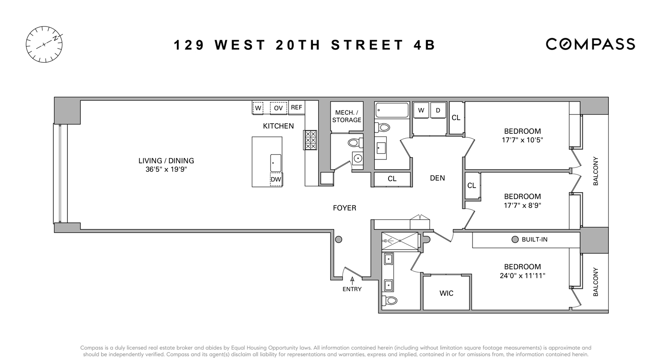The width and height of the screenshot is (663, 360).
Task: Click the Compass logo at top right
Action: click(x=590, y=44)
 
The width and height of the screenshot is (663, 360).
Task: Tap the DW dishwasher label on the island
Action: click(x=276, y=179)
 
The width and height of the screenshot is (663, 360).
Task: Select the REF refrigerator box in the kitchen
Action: click(x=297, y=107)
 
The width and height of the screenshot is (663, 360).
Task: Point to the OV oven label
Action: click(x=278, y=108)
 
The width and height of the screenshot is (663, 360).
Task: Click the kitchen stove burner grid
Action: click(x=310, y=140)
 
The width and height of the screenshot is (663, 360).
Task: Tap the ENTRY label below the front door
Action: click(x=352, y=289)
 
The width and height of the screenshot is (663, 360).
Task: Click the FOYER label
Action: click(x=344, y=208)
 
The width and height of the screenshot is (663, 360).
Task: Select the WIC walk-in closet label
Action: click(x=446, y=293)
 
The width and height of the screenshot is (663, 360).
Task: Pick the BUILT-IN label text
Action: click(x=534, y=239)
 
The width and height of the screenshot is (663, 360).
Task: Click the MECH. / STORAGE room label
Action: click(x=347, y=116)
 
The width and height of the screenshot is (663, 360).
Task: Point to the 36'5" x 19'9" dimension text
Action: click(x=166, y=169)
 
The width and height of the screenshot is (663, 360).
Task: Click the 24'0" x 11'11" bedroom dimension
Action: click(x=522, y=276)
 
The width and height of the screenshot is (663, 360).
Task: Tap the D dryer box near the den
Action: click(x=438, y=110)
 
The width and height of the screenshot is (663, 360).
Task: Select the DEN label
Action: click(x=437, y=178)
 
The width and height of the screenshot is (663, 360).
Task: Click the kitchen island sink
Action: click(x=275, y=163)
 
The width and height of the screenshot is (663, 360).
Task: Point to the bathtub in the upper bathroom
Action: click(x=392, y=110)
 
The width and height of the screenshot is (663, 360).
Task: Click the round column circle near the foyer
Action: click(x=339, y=239)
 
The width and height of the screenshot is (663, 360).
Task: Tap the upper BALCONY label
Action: click(x=595, y=171)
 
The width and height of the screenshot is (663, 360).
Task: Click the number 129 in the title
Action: click(x=189, y=45)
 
